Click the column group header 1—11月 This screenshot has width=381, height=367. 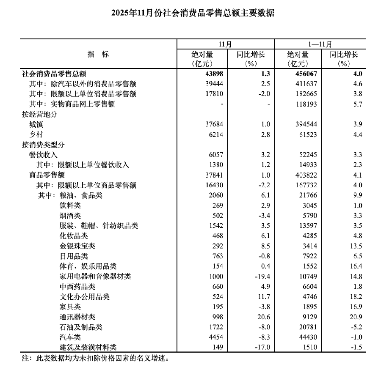click(320, 44)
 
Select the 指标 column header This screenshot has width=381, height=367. click(98, 54)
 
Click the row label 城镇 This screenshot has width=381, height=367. click(36, 125)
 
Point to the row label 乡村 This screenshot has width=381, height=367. click(36, 135)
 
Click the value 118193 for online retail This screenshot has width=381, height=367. click(305, 104)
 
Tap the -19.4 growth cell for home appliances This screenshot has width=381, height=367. click(261, 277)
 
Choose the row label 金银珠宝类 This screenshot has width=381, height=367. click(77, 246)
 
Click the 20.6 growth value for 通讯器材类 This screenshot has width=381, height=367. click(263, 317)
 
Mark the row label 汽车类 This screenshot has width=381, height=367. click(70, 337)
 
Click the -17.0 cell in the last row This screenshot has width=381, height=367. click(261, 348)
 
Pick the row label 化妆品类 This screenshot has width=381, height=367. click(74, 236)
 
